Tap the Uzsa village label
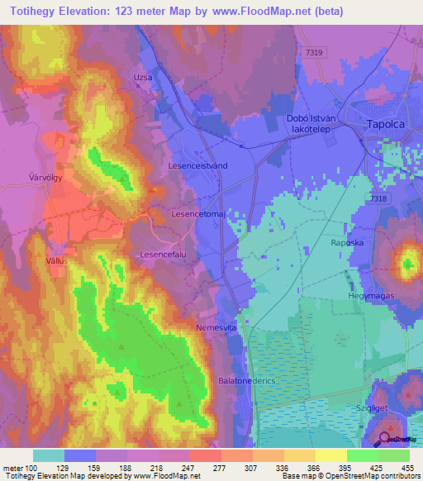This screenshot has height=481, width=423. [143, 77]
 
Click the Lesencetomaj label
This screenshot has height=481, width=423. [197, 213]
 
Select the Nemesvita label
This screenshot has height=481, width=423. [217, 328]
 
